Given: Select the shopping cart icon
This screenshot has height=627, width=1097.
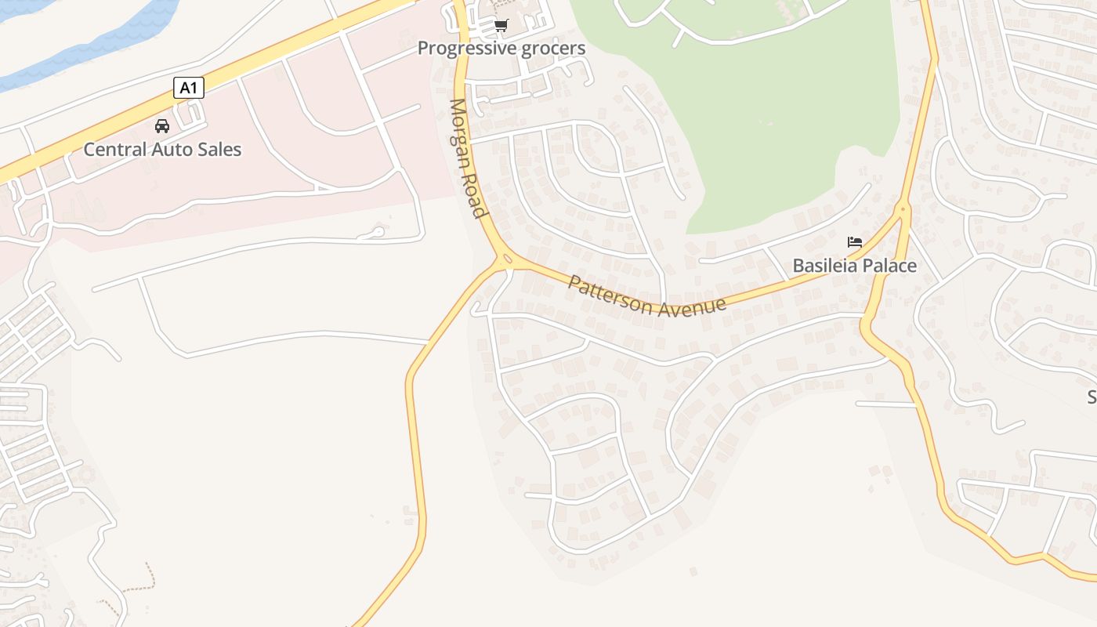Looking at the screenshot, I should coord(501,26).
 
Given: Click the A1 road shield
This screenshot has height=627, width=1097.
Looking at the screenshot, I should coord(188,88).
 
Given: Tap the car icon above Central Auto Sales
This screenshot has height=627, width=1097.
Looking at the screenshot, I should coord(162,126).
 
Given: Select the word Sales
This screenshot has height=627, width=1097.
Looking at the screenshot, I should coord(221,149).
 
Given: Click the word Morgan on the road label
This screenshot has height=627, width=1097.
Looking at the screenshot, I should coord(461,133).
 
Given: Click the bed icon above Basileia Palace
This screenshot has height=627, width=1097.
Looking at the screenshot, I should coord(855,242).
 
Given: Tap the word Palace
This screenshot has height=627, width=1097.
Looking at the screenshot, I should coord(889,266).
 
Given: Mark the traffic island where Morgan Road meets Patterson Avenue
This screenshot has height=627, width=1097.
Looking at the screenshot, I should coord(506,259).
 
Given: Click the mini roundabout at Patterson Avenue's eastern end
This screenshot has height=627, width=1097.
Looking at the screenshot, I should coord(903,208).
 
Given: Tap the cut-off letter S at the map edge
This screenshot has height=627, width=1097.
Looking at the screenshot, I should coord(1092,397).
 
